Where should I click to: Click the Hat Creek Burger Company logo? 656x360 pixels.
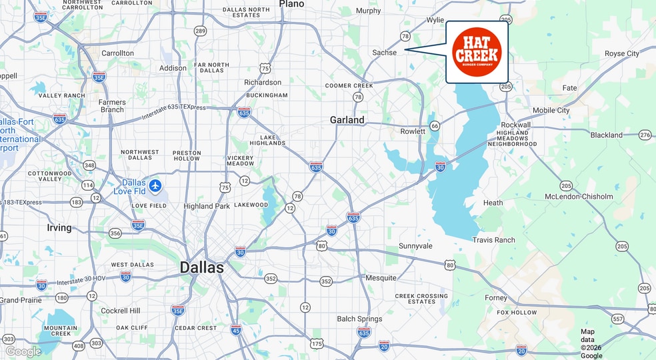pos(476,52)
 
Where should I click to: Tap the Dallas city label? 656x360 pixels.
pos(202,268)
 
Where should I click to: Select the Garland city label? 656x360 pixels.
pos(347,120)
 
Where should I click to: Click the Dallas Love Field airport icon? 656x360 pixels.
pos(155,185)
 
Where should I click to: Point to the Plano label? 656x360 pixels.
pos(291,4)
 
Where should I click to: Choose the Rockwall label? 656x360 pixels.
pos(516,125)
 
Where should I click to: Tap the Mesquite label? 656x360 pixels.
pos(381,277)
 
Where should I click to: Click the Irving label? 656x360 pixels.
pos(59,227)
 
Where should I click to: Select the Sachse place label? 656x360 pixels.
pos(385,52)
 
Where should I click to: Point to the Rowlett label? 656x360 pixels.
pos(413,131)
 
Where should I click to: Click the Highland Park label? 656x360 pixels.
pos(207,206)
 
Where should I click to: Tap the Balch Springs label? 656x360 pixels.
pos(359,319)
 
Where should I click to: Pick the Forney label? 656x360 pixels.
pos(496,298)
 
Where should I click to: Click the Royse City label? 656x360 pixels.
pos(621,53)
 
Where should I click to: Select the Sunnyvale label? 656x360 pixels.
pos(415,246)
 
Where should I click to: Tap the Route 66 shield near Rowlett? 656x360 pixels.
pos(435,126)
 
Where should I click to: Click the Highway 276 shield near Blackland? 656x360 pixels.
pos(644,135)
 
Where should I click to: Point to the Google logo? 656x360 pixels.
pos(23,351)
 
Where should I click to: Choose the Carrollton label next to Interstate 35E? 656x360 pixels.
pos(117,53)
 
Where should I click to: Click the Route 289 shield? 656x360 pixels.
pos(200,31)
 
